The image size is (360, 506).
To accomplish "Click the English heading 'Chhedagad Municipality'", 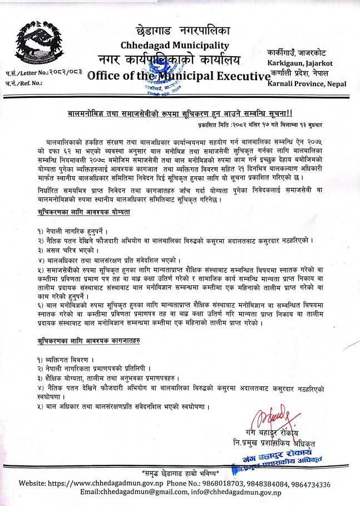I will coord(174,44).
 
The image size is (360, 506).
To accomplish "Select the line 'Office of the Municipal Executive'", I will coord(174,76).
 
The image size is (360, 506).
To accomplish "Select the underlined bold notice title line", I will coord(180,112).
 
